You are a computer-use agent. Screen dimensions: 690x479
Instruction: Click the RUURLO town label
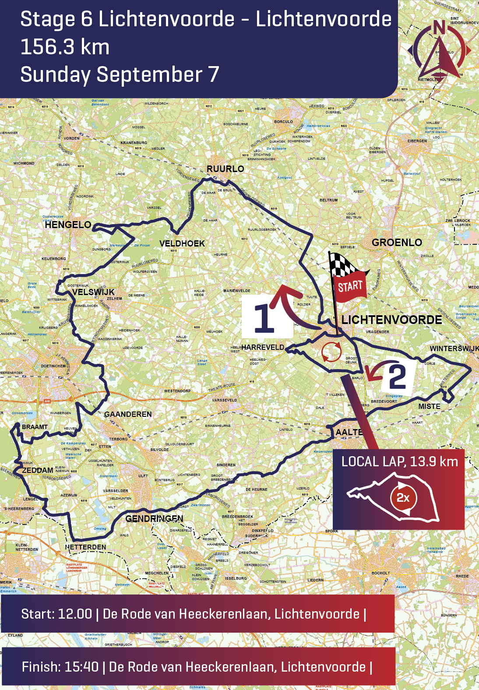pos(225,169)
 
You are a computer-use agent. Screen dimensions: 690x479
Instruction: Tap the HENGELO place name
pos(68,225)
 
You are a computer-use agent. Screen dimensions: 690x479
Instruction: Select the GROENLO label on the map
pos(397,243)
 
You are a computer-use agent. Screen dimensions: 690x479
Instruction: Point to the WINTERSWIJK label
pos(454,349)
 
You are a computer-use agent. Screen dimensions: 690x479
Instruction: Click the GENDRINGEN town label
pos(154,518)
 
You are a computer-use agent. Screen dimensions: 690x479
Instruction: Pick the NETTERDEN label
pos(86,547)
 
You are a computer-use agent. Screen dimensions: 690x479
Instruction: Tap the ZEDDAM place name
pos(38,470)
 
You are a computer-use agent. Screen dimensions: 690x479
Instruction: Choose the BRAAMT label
pos(35,427)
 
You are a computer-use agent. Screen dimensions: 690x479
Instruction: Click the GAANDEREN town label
pos(128,414)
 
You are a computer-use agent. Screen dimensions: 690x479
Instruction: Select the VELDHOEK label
pos(182,243)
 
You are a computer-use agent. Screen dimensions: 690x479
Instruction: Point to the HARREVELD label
pos(263,347)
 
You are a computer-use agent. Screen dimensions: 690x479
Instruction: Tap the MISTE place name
pos(429,406)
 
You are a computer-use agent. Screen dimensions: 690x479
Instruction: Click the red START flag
pos(350,286)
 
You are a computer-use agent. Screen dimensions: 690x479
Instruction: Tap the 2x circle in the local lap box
pos(403,498)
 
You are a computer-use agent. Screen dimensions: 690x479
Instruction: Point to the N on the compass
pos(439,28)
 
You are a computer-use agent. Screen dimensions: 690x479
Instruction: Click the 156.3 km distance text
pos(65,47)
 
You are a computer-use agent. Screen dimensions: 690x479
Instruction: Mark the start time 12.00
pos(75,614)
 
